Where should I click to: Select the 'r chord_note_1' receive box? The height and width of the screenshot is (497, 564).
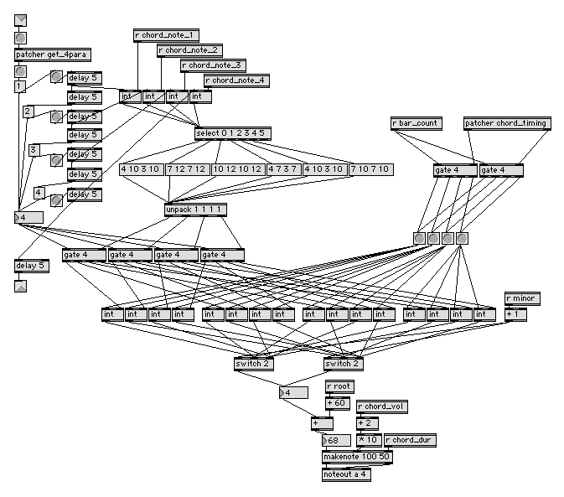(x=166, y=35)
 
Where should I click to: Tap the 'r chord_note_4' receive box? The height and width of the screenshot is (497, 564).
(x=236, y=80)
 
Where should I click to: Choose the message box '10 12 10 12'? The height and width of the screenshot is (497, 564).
(x=237, y=169)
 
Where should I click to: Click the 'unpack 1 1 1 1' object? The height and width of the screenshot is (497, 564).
(x=196, y=210)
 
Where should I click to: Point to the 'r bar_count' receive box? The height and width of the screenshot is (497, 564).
(x=417, y=123)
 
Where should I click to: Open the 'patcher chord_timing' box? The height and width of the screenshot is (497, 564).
(x=507, y=123)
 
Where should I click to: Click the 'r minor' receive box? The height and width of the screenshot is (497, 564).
(x=523, y=298)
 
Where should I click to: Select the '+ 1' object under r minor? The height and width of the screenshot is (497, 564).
(x=516, y=314)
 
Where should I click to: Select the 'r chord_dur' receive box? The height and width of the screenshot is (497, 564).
(x=410, y=439)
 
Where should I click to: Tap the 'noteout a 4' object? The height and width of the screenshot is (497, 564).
(x=346, y=474)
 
